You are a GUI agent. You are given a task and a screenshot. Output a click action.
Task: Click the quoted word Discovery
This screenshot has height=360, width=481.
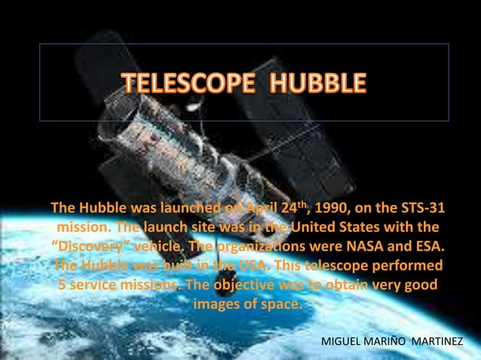coord(87,248)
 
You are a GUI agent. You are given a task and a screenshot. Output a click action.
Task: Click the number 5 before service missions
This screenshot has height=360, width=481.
coord(63,287)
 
